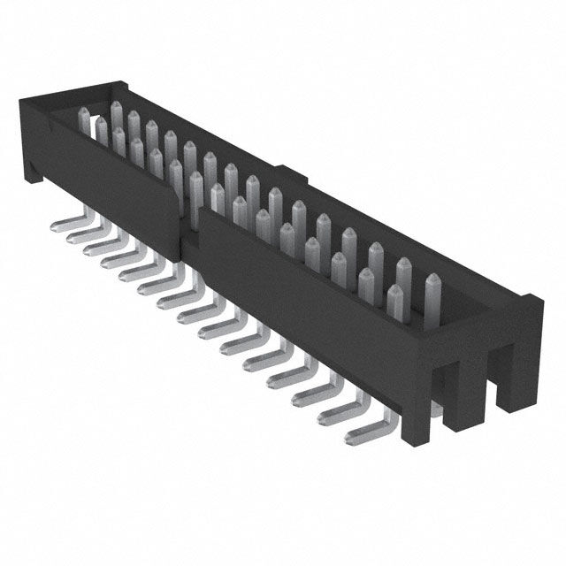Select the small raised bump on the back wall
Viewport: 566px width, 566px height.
[287, 170]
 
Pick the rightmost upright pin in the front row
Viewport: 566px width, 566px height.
[395, 305]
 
